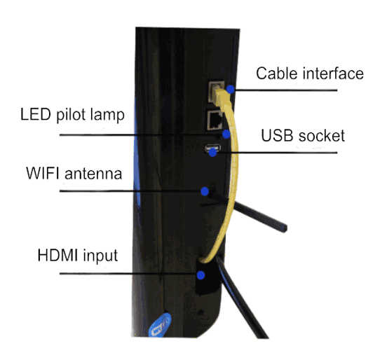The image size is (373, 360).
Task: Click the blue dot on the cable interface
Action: click(x=230, y=90)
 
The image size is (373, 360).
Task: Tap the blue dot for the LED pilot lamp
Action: click(x=226, y=134)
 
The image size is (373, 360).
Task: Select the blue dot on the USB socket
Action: click(x=212, y=152)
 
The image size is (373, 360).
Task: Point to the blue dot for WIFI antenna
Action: click(x=205, y=191)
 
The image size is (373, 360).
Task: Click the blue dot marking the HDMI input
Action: click(x=201, y=275)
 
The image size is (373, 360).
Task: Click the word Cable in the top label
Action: click(x=277, y=73)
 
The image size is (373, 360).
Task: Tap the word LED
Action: click(x=36, y=114)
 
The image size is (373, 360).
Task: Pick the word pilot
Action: click(x=71, y=116)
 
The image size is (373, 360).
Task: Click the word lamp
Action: click(x=107, y=116)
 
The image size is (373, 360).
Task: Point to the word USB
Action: click(x=277, y=136)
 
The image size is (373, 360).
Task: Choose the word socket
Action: click(x=322, y=136)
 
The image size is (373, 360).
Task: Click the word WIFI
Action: click(x=43, y=173)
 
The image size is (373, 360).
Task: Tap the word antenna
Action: click(x=93, y=174)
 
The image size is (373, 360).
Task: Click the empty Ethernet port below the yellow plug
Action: click(x=215, y=120)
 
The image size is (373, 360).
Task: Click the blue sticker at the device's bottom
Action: click(x=160, y=325)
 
